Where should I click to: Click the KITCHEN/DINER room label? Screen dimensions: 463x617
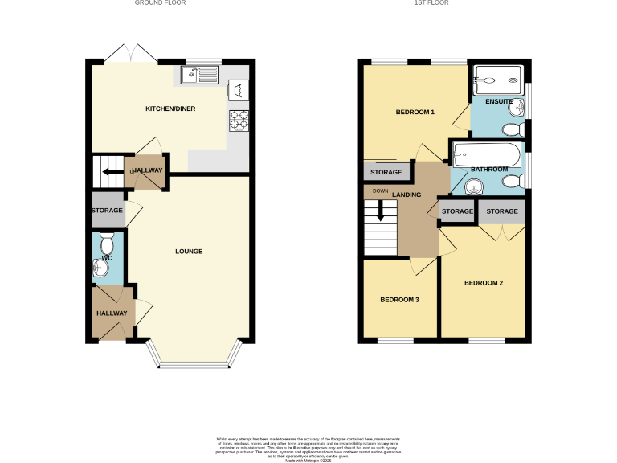click(x=170, y=109)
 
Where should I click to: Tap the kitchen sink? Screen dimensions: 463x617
click(x=199, y=76)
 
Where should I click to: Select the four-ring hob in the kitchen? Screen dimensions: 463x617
click(x=239, y=119)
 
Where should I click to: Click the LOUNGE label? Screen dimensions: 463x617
click(x=189, y=252)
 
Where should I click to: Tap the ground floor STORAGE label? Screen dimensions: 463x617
click(x=106, y=211)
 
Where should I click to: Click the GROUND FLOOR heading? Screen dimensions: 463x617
click(x=161, y=3)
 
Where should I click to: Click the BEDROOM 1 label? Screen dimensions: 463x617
click(x=415, y=113)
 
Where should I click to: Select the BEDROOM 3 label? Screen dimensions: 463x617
click(x=399, y=300)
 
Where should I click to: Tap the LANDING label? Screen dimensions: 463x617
click(x=407, y=195)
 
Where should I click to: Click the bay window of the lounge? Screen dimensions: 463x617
click(x=194, y=359)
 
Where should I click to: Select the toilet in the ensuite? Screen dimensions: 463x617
click(x=513, y=129)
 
